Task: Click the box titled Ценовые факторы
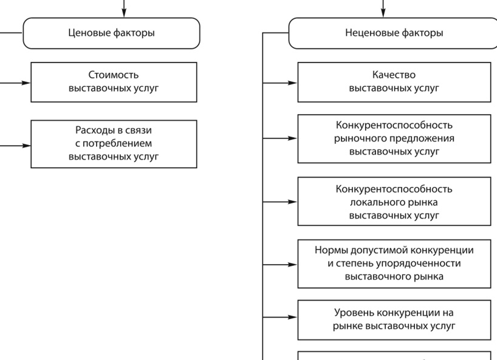coord(111,33)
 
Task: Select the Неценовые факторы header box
coord(394,33)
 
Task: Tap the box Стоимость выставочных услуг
coord(114,82)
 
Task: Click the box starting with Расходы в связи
coord(114,144)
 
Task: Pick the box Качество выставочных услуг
coord(394,82)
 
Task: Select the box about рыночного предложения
coord(394,138)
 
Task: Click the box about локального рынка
coord(394,202)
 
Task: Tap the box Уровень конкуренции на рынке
coord(394,319)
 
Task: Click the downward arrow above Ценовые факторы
coord(125,8)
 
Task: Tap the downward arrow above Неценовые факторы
coord(383,8)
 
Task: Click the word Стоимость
coord(114,75)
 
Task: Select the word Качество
coord(394,75)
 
